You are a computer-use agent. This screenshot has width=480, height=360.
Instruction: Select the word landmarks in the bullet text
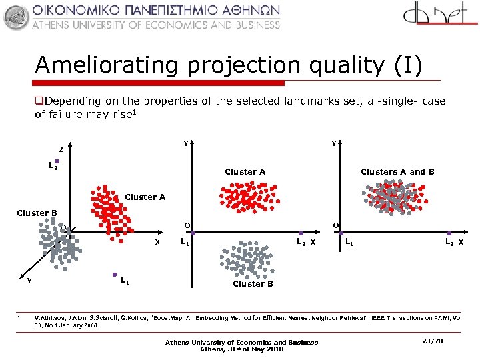[313, 101]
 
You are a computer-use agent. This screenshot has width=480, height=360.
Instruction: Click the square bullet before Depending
[39, 101]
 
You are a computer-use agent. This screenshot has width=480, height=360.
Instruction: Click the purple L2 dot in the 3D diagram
[57, 161]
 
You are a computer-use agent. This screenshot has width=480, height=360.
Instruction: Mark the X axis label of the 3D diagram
[157, 241]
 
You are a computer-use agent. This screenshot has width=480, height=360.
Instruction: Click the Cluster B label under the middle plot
[253, 284]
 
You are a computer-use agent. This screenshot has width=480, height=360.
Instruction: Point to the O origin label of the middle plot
[187, 225]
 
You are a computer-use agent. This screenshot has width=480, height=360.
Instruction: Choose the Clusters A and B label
[397, 172]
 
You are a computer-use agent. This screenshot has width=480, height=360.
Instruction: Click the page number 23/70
[433, 341]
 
